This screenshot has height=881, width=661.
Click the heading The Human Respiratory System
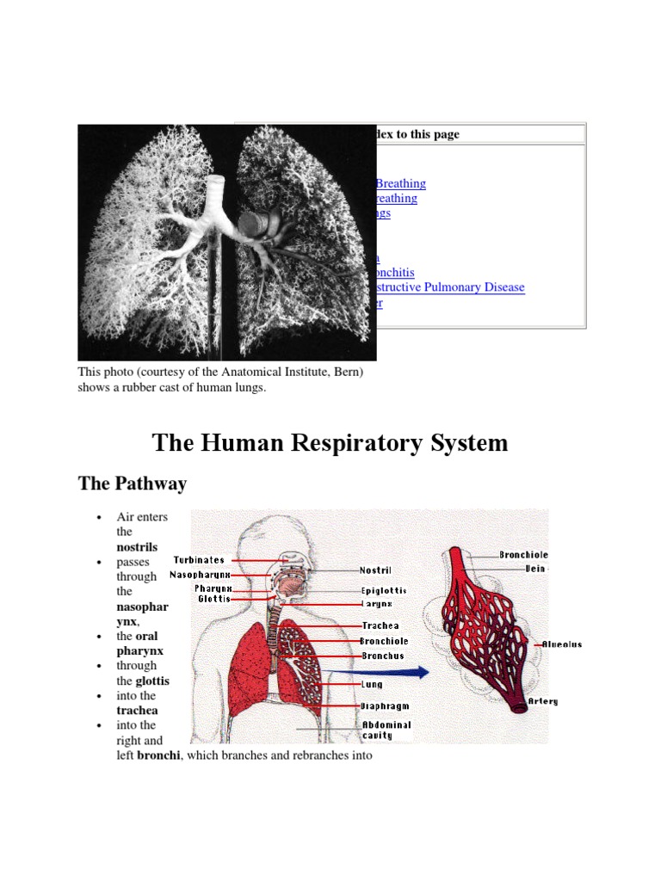pos(330,443)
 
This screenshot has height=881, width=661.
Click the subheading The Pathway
pos(132,484)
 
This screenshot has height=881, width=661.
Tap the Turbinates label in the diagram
pos(199,560)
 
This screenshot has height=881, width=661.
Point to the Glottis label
pos(213,599)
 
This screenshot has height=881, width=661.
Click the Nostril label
pos(375,570)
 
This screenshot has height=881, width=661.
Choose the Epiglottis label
pos(383,591)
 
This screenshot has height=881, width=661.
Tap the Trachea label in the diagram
pos(380,626)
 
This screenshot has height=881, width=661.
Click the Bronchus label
pos(382,656)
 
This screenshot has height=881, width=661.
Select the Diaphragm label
pos(384,705)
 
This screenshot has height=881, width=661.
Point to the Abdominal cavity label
pos(386,730)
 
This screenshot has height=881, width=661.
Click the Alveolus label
pos(562,644)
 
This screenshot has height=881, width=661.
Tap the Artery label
pos(543,701)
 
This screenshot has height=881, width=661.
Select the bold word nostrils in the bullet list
pos(137,546)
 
